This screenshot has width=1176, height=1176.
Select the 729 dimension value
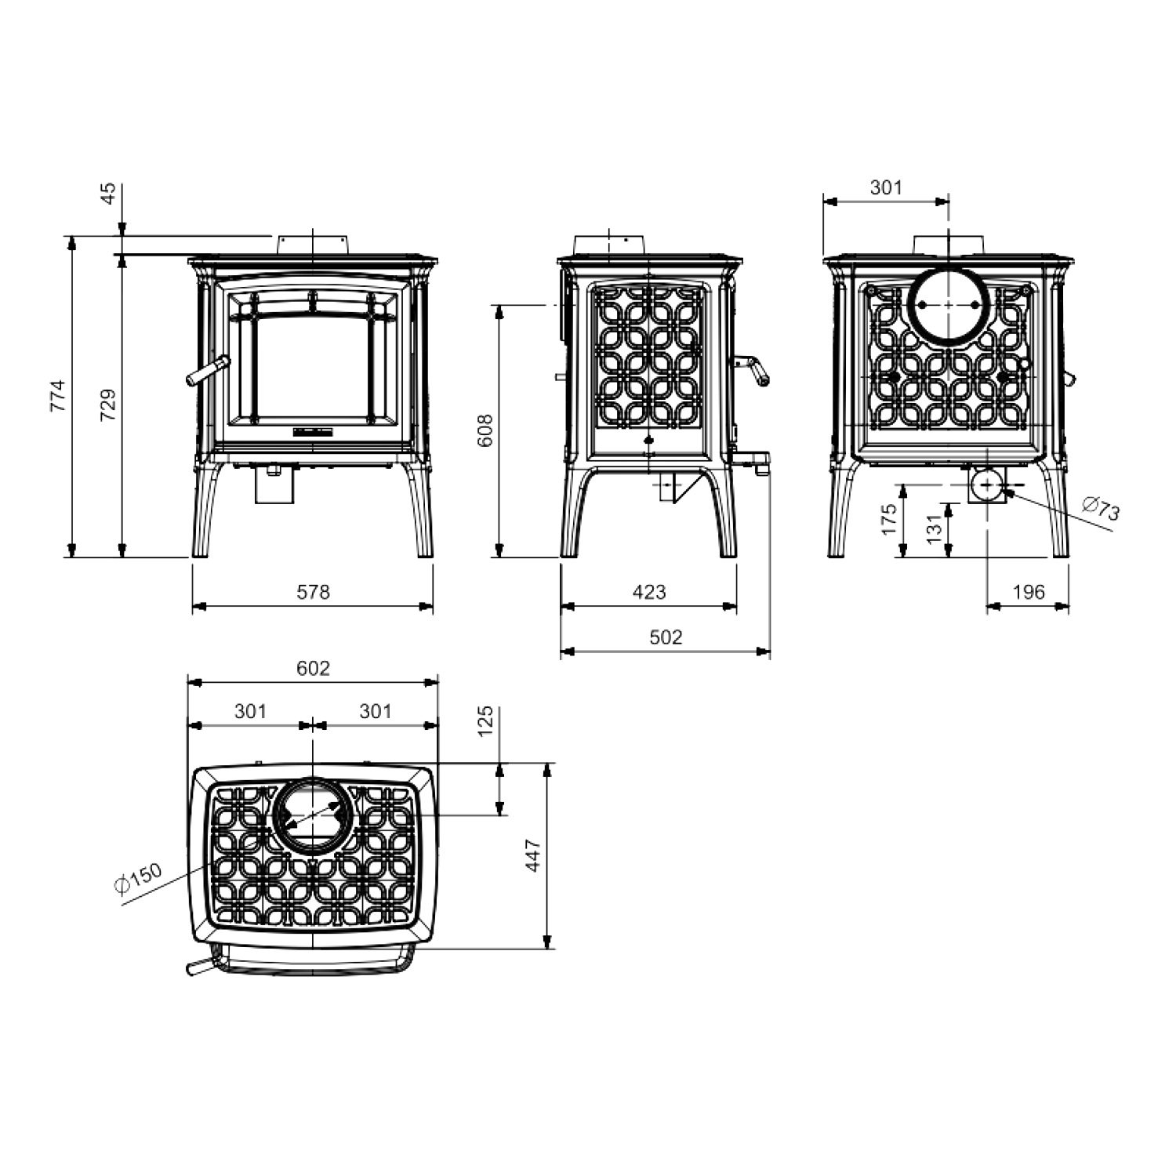109,405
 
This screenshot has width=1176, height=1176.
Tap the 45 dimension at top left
109,193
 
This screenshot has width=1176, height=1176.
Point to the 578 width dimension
314,592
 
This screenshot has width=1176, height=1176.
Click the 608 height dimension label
485,430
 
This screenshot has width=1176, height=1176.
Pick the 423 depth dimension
649,592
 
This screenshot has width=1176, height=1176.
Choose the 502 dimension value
666,637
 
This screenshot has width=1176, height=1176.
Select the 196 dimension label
1029,592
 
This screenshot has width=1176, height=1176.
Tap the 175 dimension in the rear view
888,519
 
